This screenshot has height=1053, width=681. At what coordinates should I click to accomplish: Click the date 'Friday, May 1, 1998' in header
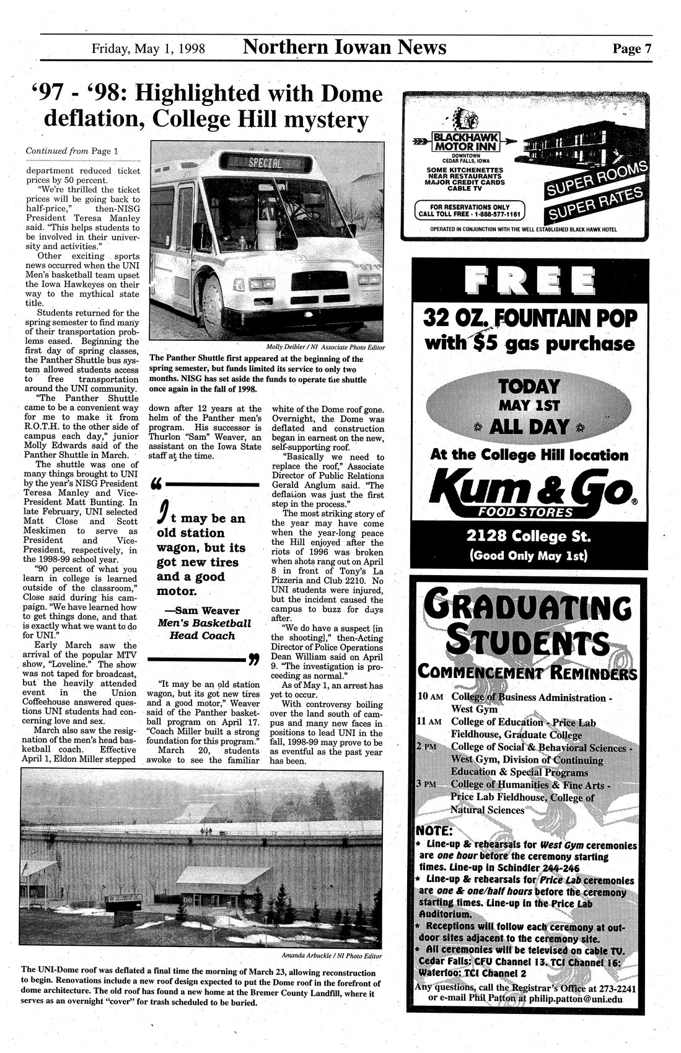pyautogui.click(x=148, y=48)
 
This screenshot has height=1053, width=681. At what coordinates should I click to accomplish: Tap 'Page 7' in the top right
pyautogui.click(x=631, y=48)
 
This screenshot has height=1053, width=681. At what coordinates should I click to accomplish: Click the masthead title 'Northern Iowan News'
pyautogui.click(x=345, y=46)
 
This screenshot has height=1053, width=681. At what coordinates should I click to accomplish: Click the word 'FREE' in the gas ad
pyautogui.click(x=530, y=282)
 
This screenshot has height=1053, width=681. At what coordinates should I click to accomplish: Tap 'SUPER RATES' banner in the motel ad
pyautogui.click(x=595, y=205)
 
